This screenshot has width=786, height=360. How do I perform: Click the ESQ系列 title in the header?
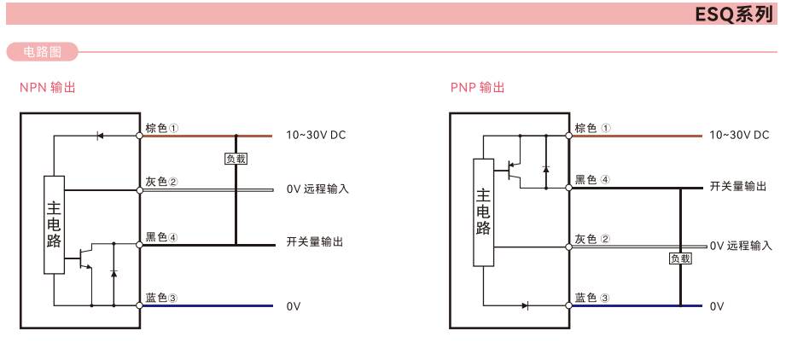click(x=734, y=14)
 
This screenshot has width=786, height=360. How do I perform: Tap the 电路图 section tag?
click(x=42, y=52)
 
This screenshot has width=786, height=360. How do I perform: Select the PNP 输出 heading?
click(x=478, y=87)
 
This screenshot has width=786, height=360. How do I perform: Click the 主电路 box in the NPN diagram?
click(x=54, y=225)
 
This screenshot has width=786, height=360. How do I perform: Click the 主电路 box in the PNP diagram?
click(x=483, y=212)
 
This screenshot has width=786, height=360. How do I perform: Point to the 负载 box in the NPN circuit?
click(x=236, y=159)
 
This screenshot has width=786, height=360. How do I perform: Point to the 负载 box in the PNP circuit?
click(x=680, y=258)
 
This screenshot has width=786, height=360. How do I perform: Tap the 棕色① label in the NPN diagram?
click(x=162, y=128)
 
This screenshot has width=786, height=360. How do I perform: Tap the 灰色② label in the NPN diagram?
click(x=161, y=182)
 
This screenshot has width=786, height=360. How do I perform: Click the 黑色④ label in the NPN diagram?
click(x=162, y=236)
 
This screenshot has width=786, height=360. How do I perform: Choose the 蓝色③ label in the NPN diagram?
click(x=161, y=298)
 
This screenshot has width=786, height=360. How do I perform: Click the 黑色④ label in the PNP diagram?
click(x=592, y=179)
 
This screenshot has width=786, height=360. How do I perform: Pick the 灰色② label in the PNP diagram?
click(x=592, y=239)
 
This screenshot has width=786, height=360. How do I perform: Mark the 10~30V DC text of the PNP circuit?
click(x=739, y=135)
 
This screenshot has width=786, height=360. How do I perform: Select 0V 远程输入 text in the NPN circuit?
click(x=317, y=189)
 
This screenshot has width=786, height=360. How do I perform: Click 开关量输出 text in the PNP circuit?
click(x=738, y=186)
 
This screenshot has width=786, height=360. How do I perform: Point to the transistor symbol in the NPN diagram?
click(x=85, y=257)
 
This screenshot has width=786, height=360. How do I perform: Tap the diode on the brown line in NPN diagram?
click(x=100, y=135)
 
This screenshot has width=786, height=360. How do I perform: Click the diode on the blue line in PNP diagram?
click(x=526, y=305)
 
